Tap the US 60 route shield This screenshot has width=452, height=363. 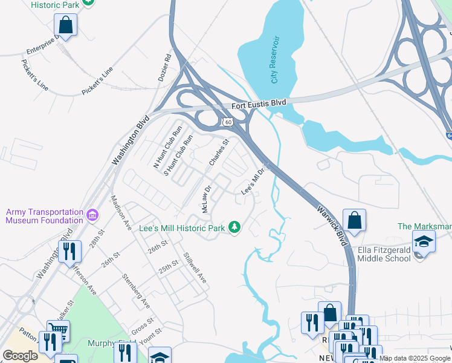pyautogui.click(x=228, y=122)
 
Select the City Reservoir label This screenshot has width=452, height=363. pyautogui.click(x=276, y=60)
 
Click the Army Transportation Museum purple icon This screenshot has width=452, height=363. pyautogui.click(x=92, y=215)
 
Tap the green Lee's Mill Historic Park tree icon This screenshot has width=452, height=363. pyautogui.click(x=234, y=227)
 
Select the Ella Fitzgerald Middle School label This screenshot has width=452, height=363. pyautogui.click(x=375, y=253)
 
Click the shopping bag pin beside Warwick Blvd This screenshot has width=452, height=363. pyautogui.click(x=354, y=220)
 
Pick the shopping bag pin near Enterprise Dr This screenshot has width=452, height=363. pyautogui.click(x=65, y=25)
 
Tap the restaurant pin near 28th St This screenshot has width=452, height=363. pyautogui.click(x=69, y=250)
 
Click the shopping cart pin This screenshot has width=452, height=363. pyautogui.click(x=58, y=331)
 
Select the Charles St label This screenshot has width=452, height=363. pyautogui.click(x=219, y=153)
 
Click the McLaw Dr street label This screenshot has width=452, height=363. pyautogui.click(x=205, y=198)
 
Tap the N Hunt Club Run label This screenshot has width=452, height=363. pyautogui.click(x=168, y=146)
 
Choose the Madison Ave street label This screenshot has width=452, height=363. pyautogui.click(x=120, y=212)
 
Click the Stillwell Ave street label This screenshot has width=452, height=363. pyautogui.click(x=195, y=267)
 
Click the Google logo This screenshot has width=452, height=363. pyautogui.click(x=20, y=355)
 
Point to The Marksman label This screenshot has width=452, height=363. pyautogui.click(x=424, y=227)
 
